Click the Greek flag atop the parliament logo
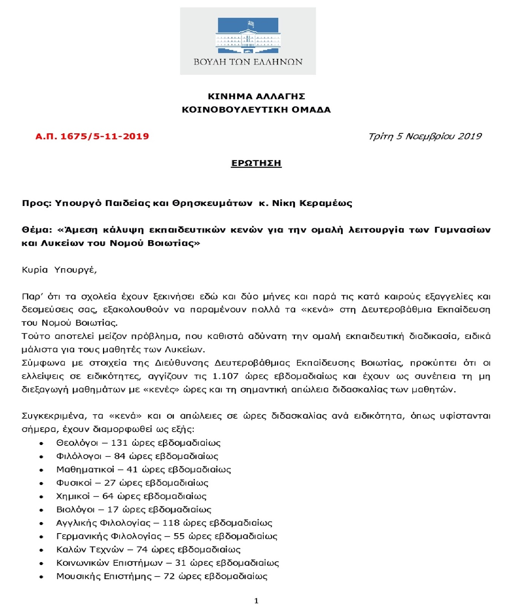coord(251,24)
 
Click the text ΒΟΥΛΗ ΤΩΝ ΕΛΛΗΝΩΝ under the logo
coord(248,62)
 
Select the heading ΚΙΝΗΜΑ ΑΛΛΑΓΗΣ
coord(257,96)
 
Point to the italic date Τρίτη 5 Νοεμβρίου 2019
coord(425,136)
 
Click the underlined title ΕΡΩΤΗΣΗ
coord(256,163)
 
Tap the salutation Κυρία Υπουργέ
coord(59,270)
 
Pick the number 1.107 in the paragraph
coord(225,376)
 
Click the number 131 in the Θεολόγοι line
coord(119,443)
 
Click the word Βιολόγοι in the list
coord(75,510)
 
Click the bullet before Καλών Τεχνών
coord(41,550)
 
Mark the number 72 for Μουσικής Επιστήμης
coord(169,576)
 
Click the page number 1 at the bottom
coord(256,601)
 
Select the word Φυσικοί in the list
coord(74,483)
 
